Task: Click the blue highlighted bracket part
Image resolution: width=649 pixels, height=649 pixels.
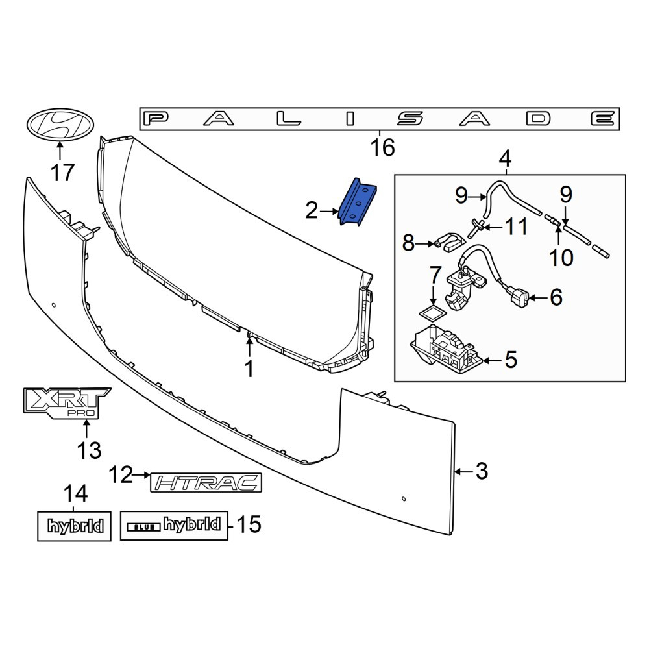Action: (x=358, y=202)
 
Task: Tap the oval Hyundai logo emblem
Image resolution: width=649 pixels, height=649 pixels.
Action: (x=60, y=125)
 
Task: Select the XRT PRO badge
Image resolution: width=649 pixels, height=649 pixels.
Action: (x=66, y=403)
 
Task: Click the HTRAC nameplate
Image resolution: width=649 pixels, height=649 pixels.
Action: (x=206, y=482)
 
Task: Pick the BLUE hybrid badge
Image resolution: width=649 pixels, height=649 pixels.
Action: (x=174, y=525)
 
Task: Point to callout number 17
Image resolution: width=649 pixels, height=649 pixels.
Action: (x=62, y=172)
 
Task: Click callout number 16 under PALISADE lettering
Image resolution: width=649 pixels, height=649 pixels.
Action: (x=382, y=147)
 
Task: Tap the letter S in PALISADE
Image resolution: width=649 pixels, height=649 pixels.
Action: (x=410, y=119)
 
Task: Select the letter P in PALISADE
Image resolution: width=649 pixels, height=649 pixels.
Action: (x=156, y=119)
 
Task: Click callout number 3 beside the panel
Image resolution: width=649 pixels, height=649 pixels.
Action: (x=482, y=471)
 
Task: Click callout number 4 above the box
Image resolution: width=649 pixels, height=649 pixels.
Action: (x=506, y=158)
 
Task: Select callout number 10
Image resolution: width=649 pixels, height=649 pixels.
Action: (x=561, y=258)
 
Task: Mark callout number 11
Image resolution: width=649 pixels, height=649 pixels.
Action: (x=517, y=227)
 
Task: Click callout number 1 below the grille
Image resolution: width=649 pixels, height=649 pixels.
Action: (x=249, y=369)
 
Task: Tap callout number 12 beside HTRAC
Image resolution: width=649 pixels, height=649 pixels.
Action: (x=121, y=475)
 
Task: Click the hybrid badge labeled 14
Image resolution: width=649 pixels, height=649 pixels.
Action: (x=75, y=526)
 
